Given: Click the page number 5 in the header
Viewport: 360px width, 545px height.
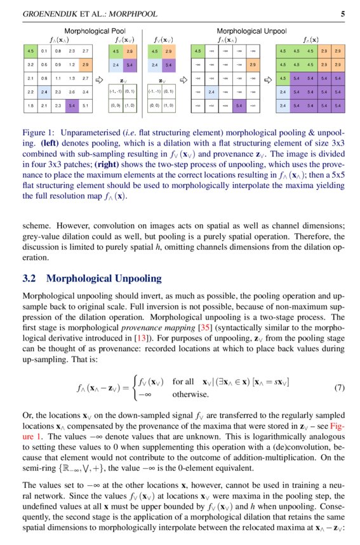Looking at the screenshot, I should click(343, 13).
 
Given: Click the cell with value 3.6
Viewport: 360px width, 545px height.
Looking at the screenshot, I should click(72, 92).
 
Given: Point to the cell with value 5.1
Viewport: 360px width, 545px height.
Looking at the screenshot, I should click(86, 105).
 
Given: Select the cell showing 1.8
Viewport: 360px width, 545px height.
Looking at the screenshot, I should click(30, 105).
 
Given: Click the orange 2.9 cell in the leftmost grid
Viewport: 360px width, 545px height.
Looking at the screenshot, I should click(86, 64).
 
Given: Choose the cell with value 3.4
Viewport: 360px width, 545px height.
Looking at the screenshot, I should click(86, 92).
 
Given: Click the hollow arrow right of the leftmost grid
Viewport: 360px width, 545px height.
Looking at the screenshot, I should click(98, 80).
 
